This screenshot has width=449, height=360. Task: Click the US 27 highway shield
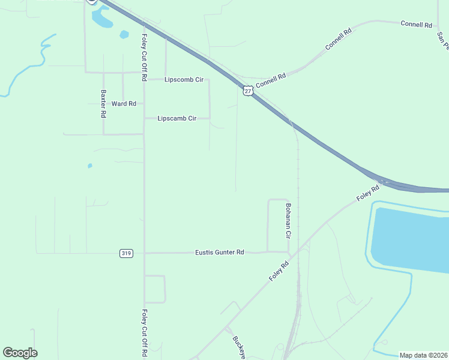click(248, 91)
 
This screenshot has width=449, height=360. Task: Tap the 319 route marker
click(125, 253)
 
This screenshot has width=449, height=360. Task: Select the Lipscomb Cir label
click(184, 79)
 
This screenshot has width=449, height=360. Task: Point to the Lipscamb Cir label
click(177, 119)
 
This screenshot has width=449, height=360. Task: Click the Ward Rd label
click(124, 104)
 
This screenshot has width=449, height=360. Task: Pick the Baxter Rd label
click(104, 103)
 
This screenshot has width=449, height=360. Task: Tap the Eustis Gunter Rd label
click(220, 253)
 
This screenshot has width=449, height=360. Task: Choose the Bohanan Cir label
click(288, 218)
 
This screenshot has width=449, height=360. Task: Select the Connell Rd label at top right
click(417, 25)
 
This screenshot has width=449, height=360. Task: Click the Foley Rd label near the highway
click(367, 193)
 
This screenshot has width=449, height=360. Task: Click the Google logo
click(20, 352)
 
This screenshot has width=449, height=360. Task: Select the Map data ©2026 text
click(423, 355)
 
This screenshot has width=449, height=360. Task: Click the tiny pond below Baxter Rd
click(90, 166)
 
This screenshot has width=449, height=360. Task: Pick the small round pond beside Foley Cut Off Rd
click(124, 34)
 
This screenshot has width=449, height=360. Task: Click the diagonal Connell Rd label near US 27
click(271, 79)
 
